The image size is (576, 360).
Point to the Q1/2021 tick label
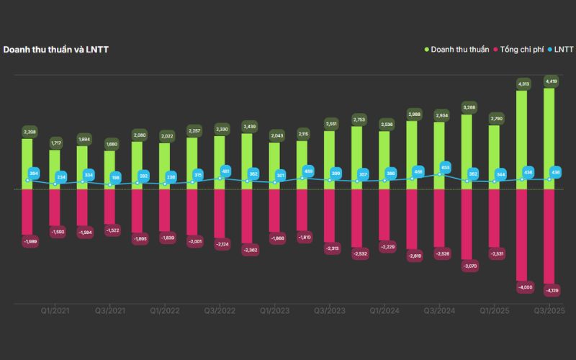point(55,311)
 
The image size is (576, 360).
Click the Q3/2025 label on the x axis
point(549,311)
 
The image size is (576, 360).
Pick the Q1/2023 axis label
point(274,311)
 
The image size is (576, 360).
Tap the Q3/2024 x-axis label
point(439,311)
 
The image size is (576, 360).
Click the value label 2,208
point(28,132)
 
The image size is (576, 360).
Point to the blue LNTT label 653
point(445,167)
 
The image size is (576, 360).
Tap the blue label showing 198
point(116,177)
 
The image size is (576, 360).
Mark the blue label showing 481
point(225,171)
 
